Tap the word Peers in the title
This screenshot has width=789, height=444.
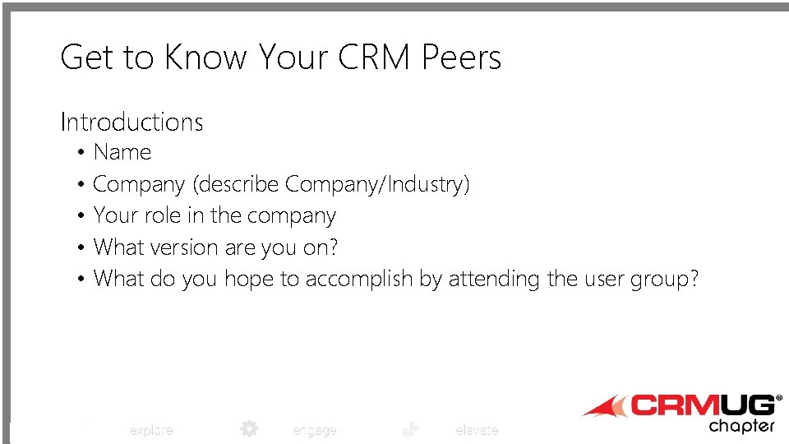tap(461, 58)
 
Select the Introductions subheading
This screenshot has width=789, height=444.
tap(131, 123)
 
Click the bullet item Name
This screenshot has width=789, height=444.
tap(122, 152)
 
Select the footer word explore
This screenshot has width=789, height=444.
tap(151, 430)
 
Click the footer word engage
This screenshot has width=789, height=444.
tap(314, 430)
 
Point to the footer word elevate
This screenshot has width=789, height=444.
tap(477, 430)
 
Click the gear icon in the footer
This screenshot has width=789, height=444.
tap(249, 428)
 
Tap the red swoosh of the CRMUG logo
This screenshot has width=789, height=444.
tap(604, 407)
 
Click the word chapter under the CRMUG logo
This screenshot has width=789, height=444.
tap(741, 426)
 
